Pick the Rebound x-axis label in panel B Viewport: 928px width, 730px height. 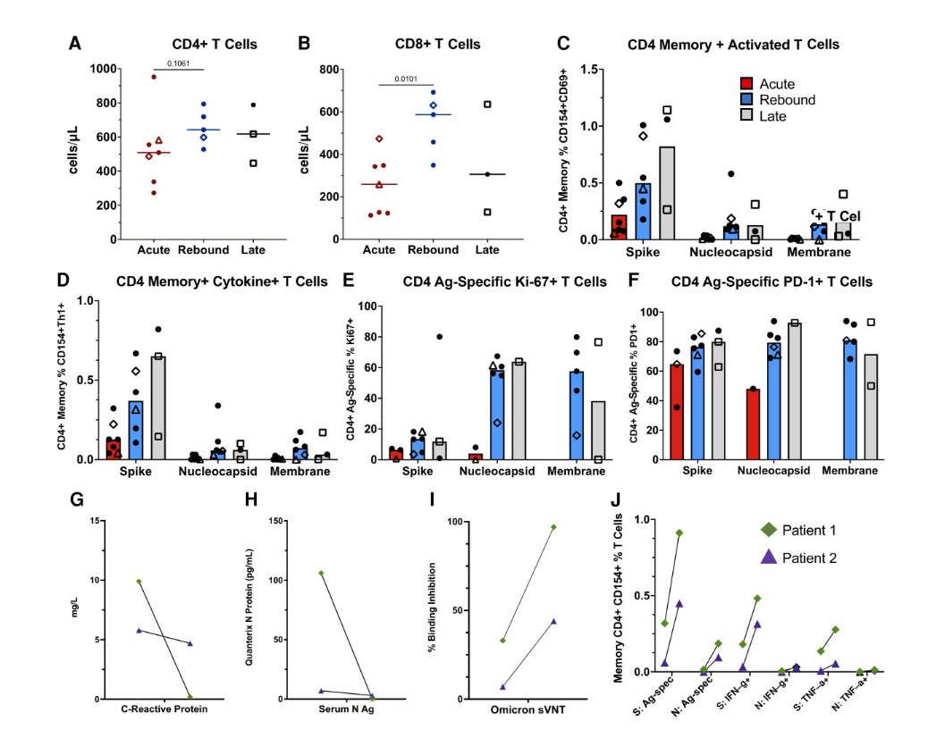coord(434,249)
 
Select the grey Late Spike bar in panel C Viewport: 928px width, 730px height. coord(666,193)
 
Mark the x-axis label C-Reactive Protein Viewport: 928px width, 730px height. coord(165,709)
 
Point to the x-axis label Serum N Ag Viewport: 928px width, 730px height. coord(346,709)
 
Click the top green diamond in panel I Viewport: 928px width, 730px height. coord(553,527)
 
